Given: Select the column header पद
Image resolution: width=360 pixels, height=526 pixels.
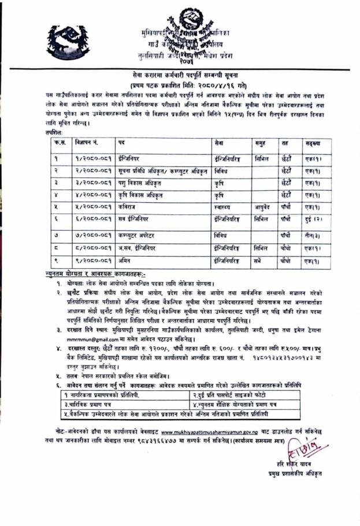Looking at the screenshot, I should pos(121,142).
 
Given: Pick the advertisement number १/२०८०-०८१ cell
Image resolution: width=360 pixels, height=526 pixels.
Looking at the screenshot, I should pos(92,158).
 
